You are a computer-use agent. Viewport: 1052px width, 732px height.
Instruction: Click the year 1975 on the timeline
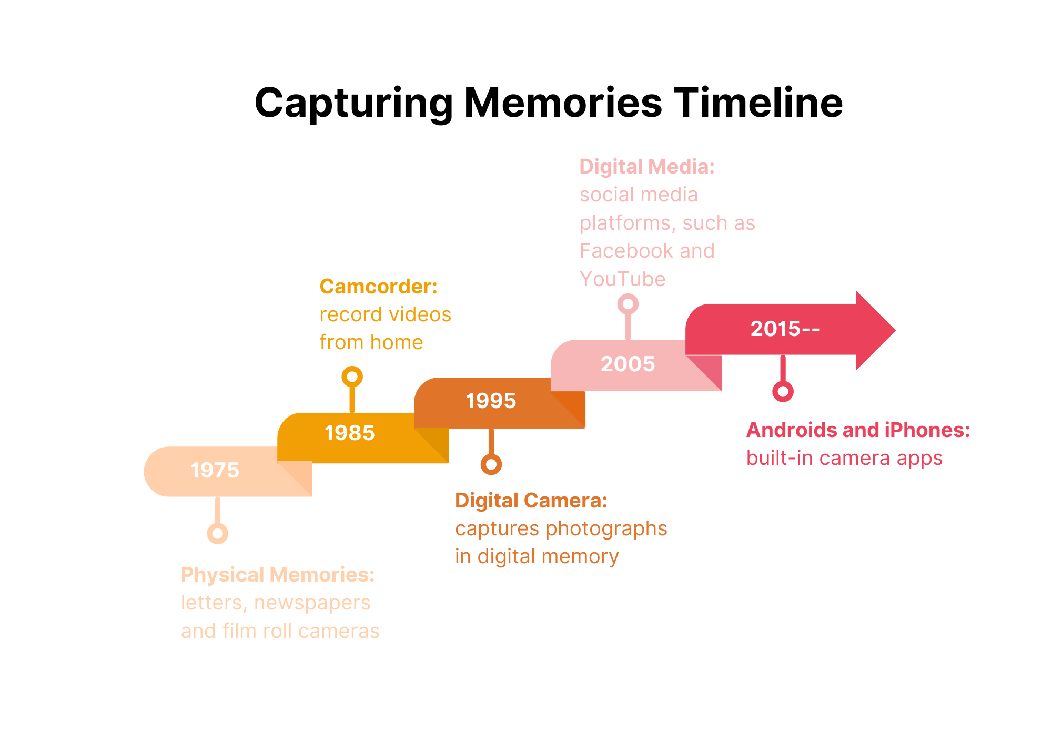pos(215,470)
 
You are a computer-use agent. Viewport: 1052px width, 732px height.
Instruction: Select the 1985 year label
pos(350,433)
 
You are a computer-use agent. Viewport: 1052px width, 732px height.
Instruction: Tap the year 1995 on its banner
pos(491,401)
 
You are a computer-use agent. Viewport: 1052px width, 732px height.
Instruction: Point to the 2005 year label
pos(628,364)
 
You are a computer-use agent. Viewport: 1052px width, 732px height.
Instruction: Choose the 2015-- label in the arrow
pos(785,329)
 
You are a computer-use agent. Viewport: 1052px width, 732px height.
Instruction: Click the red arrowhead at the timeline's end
pos(875,330)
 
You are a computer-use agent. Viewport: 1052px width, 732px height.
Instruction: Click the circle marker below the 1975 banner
pos(217,533)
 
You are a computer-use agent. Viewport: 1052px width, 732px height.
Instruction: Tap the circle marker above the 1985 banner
pos(352,377)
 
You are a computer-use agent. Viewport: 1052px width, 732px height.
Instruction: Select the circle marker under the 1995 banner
pos(491,464)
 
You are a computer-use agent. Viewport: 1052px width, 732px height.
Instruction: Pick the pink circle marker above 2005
pos(628,304)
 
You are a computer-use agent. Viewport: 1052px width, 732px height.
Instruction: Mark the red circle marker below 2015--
pos(783,391)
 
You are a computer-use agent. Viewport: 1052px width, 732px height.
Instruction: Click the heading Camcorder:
pos(379,287)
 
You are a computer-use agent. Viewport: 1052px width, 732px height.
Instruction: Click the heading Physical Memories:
pos(278,575)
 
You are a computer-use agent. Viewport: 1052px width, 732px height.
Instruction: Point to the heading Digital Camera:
pos(531,501)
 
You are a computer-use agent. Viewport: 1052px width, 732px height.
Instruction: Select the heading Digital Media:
pos(647,167)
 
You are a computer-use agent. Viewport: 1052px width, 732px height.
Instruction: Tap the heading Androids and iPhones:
pos(858,430)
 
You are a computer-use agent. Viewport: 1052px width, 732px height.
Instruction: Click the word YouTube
pos(623,279)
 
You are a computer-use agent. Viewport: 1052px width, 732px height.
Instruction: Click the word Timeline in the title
pos(758,103)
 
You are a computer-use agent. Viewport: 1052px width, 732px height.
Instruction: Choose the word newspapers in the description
pos(312,603)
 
